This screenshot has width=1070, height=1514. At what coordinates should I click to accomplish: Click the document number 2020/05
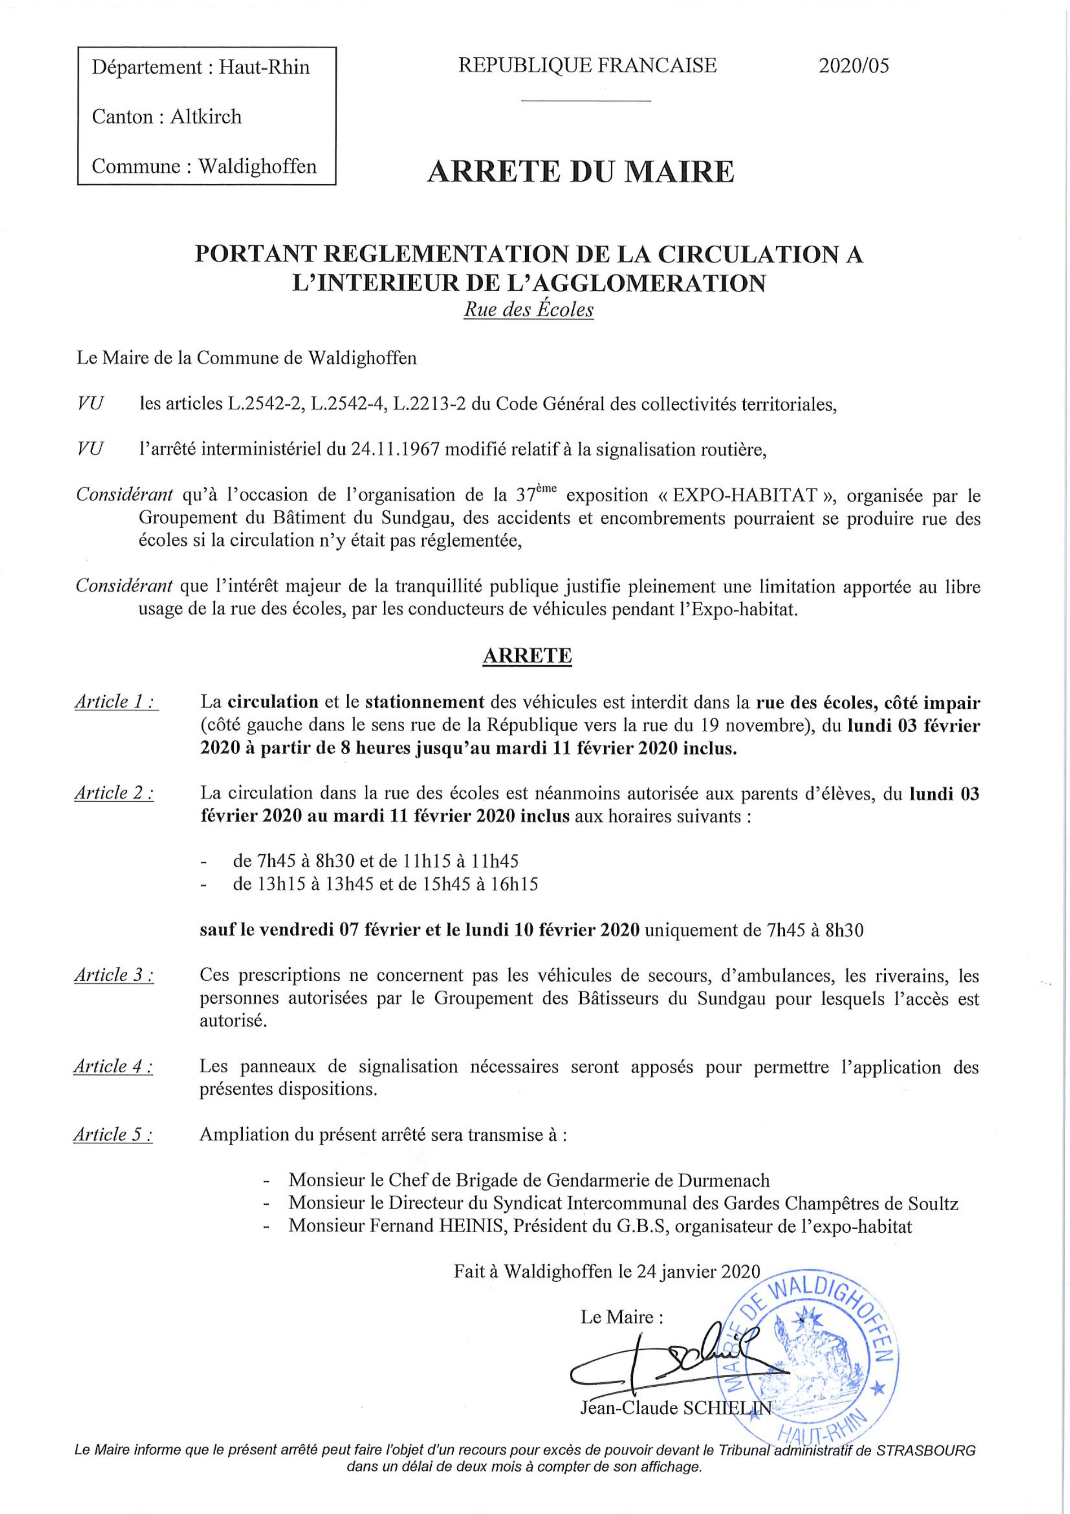853,66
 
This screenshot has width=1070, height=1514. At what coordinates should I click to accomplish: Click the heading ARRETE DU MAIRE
581,172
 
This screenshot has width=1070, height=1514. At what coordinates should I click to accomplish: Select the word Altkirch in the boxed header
206,117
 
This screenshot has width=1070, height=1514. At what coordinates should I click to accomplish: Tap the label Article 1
116,702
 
